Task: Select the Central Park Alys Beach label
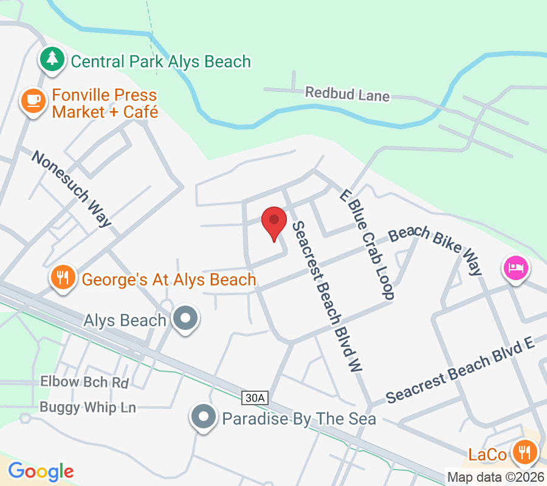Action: coord(160,61)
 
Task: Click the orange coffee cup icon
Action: coord(33,100)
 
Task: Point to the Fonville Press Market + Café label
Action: coord(105,104)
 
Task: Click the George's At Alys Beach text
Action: coord(169,279)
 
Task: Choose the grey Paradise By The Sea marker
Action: coord(203,417)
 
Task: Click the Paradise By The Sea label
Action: coord(299,419)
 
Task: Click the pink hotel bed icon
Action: coord(515,267)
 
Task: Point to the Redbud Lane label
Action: coord(347,94)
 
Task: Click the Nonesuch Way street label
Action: coord(72,188)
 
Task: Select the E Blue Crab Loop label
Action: coord(367,244)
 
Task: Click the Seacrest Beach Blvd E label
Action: coord(460,371)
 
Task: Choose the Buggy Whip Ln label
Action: coord(88,407)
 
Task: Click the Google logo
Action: coord(41,471)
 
